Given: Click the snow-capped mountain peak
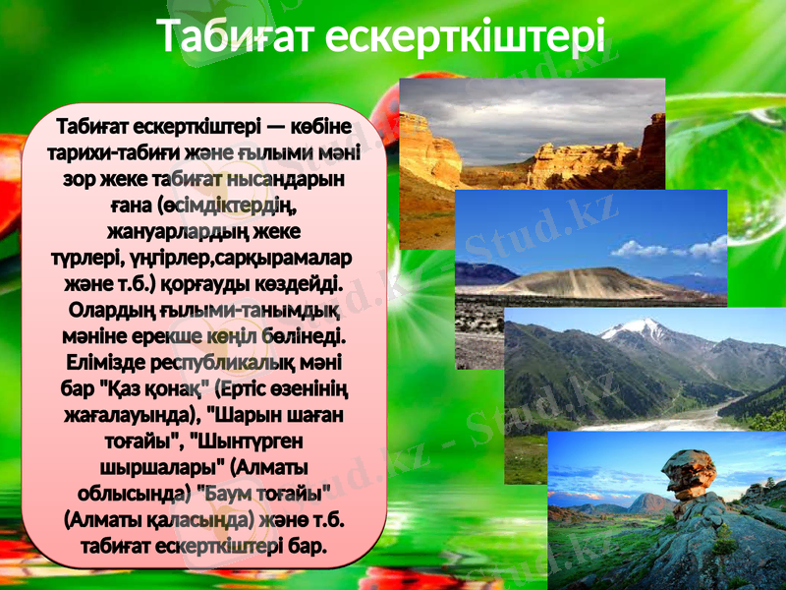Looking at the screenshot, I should (x=639, y=325).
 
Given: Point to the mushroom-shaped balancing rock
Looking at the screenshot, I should (x=692, y=473).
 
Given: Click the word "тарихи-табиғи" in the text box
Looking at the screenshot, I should (x=107, y=155).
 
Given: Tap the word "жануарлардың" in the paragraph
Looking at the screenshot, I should (x=173, y=232).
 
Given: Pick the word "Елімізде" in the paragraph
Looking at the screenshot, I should (x=91, y=362).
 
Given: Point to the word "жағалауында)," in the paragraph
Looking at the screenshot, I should (x=118, y=414).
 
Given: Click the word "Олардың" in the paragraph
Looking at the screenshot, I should (x=109, y=310).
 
